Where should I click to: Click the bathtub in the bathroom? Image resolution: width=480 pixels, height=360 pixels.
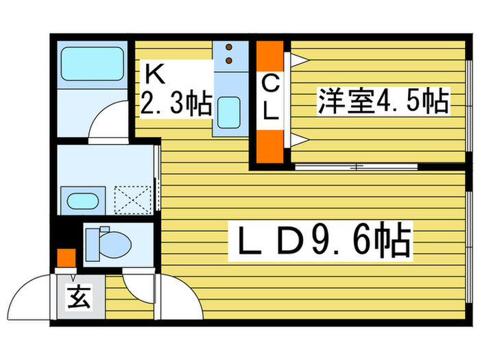(92, 64)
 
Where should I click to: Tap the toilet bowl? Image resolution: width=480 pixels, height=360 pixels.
(115, 245)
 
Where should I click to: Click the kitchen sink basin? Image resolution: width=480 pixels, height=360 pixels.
(228, 112)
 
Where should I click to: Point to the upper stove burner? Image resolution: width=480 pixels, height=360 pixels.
(228, 47)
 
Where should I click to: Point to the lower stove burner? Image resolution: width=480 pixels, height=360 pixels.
(228, 60)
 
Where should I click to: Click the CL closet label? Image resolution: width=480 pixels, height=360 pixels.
(270, 98)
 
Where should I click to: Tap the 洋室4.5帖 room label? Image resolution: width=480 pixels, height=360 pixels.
(383, 101)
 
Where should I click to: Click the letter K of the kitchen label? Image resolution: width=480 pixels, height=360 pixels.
(155, 74)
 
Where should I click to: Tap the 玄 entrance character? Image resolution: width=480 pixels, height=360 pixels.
(79, 297)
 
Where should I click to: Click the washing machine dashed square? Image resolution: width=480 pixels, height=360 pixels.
(133, 200)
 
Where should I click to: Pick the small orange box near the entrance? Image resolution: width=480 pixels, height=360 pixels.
(67, 258)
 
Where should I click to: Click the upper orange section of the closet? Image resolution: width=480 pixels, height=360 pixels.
(270, 56)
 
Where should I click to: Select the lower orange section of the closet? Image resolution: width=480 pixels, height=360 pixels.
(270, 147)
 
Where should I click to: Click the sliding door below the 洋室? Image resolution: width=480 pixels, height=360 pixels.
(357, 167)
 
